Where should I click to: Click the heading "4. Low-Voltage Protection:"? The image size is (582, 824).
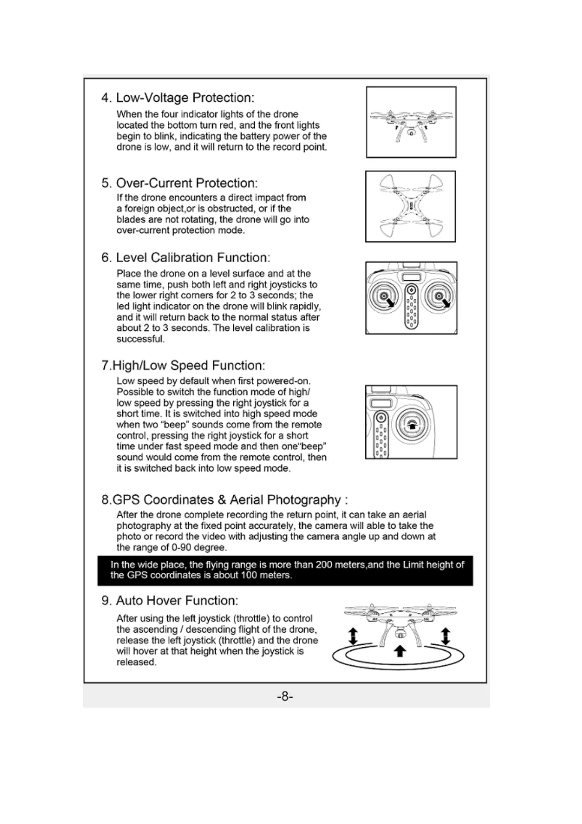(x=178, y=98)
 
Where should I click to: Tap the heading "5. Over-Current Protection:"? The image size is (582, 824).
(x=179, y=183)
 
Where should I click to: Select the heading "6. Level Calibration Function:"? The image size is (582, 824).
(x=185, y=258)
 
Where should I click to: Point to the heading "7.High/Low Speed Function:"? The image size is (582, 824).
(x=183, y=366)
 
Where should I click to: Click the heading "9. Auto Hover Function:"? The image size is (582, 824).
(x=170, y=601)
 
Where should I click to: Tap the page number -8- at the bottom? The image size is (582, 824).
(x=285, y=696)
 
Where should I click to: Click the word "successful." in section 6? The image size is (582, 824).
(x=140, y=339)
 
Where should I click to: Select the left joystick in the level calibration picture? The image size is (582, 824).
(x=383, y=297)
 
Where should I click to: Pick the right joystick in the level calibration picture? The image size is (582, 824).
(x=439, y=297)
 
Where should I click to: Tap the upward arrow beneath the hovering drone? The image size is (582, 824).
(x=400, y=651)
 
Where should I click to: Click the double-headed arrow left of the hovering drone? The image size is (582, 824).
(x=353, y=637)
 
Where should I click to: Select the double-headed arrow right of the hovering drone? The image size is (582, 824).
(x=445, y=637)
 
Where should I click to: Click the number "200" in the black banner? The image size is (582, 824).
(x=324, y=565)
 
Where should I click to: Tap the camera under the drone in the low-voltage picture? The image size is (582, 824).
(x=411, y=133)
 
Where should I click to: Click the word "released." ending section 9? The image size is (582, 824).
(x=136, y=663)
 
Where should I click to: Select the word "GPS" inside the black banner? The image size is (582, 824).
(x=137, y=575)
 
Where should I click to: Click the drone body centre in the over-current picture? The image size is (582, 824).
(x=411, y=206)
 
